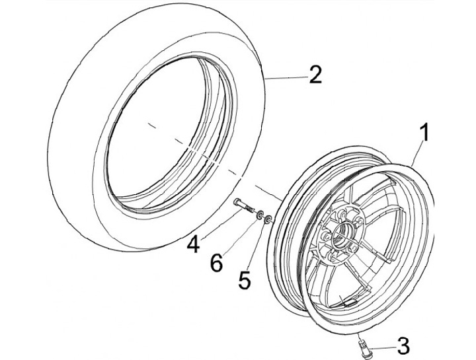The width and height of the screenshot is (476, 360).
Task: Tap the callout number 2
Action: point(315,75)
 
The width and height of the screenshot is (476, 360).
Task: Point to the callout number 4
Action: point(193,244)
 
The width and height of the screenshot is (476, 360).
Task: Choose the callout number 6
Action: point(216,262)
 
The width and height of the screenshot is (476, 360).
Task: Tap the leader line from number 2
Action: point(284,79)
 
